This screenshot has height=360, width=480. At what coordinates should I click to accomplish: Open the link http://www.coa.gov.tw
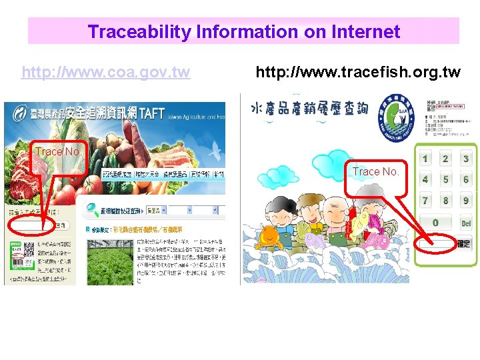(106, 72)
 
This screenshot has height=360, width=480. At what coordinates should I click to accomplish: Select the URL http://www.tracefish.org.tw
(358, 72)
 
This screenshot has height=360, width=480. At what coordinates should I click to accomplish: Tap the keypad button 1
(425, 159)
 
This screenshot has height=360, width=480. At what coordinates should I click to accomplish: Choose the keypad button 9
(465, 200)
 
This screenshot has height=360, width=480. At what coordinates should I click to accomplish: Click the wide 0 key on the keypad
(435, 223)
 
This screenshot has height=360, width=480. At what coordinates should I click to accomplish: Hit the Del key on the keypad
(465, 223)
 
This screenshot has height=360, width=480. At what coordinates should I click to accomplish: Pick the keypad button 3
(465, 159)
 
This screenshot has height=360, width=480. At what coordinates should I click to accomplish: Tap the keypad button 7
(425, 200)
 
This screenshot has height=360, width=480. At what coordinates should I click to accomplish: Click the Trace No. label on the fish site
(376, 172)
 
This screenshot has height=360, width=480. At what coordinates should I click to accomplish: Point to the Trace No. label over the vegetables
(59, 152)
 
